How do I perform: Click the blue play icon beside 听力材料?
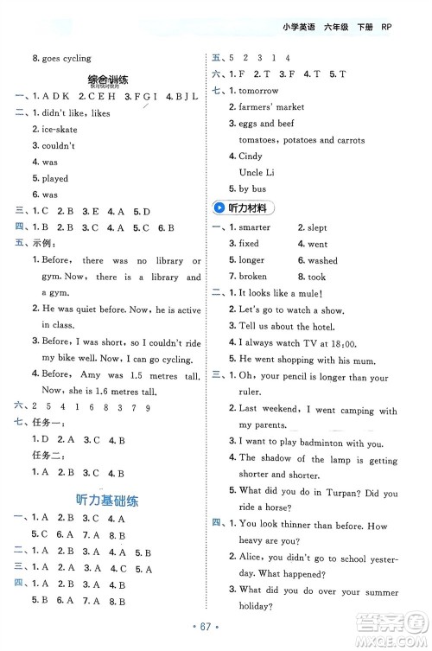point(222,207)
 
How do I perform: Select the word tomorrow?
point(258,91)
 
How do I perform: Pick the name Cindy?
point(251,156)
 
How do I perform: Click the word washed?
point(322,260)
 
